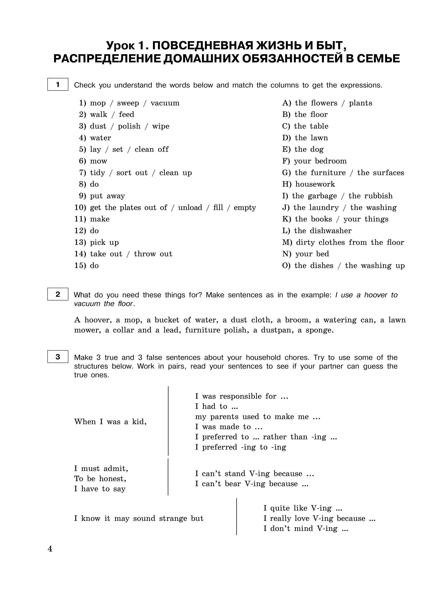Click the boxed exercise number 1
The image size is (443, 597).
tap(58, 84)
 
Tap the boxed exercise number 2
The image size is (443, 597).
tap(58, 294)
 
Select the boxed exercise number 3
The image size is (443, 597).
tap(58, 357)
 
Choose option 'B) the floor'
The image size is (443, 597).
tap(305, 115)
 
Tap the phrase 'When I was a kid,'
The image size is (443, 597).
tap(110, 422)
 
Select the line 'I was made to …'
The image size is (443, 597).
tap(228, 427)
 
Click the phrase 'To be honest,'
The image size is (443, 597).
tap(100, 479)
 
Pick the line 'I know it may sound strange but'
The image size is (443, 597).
tap(139, 518)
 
